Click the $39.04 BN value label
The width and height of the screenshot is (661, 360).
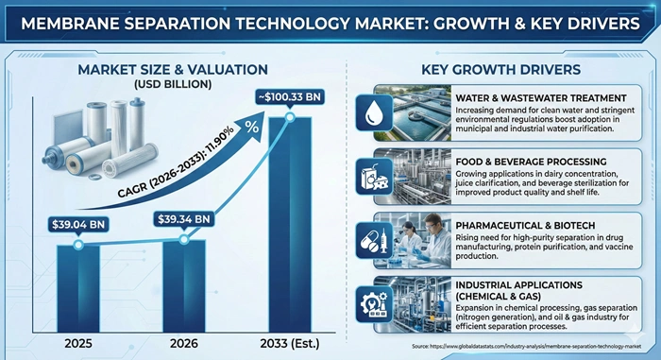(x=79, y=225)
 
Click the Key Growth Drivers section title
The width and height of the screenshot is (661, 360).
(x=500, y=70)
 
